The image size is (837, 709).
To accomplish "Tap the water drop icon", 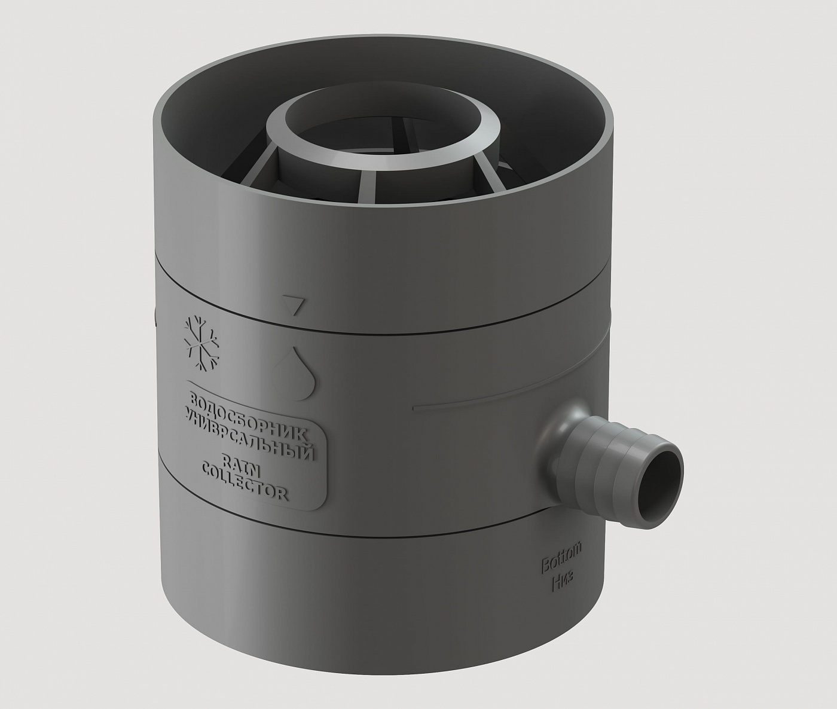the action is tap(294, 373).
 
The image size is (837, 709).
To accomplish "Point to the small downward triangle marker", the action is tap(293, 304).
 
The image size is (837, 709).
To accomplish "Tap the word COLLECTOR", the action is tap(245, 482).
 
